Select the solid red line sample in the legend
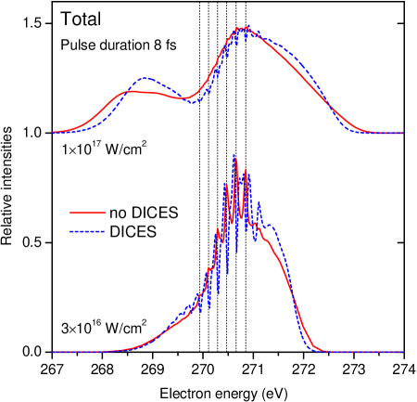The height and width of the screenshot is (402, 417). point(88,213)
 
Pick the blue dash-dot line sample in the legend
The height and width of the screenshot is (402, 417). point(88,231)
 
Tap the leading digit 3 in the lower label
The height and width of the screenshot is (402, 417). point(65,329)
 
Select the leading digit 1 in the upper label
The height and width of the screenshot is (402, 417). point(65,150)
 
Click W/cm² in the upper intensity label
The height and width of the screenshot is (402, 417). point(125,149)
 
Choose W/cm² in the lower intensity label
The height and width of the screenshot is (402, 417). point(125,328)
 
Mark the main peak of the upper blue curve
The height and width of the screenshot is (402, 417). point(243,28)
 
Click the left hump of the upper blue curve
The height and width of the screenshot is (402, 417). point(146,79)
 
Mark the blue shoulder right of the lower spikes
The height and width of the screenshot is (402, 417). point(271,226)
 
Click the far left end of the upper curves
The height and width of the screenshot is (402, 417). point(54,133)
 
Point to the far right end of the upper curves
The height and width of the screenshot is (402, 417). point(402,133)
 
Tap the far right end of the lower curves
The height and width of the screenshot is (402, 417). point(402,352)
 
